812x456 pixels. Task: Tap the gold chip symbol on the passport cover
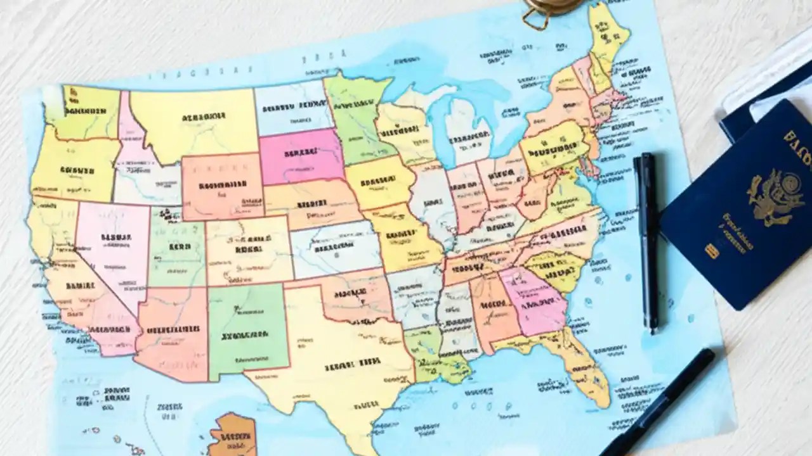pos(712,251)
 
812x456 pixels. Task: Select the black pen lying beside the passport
pos(647,241)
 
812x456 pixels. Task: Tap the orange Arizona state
pos(171,329)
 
